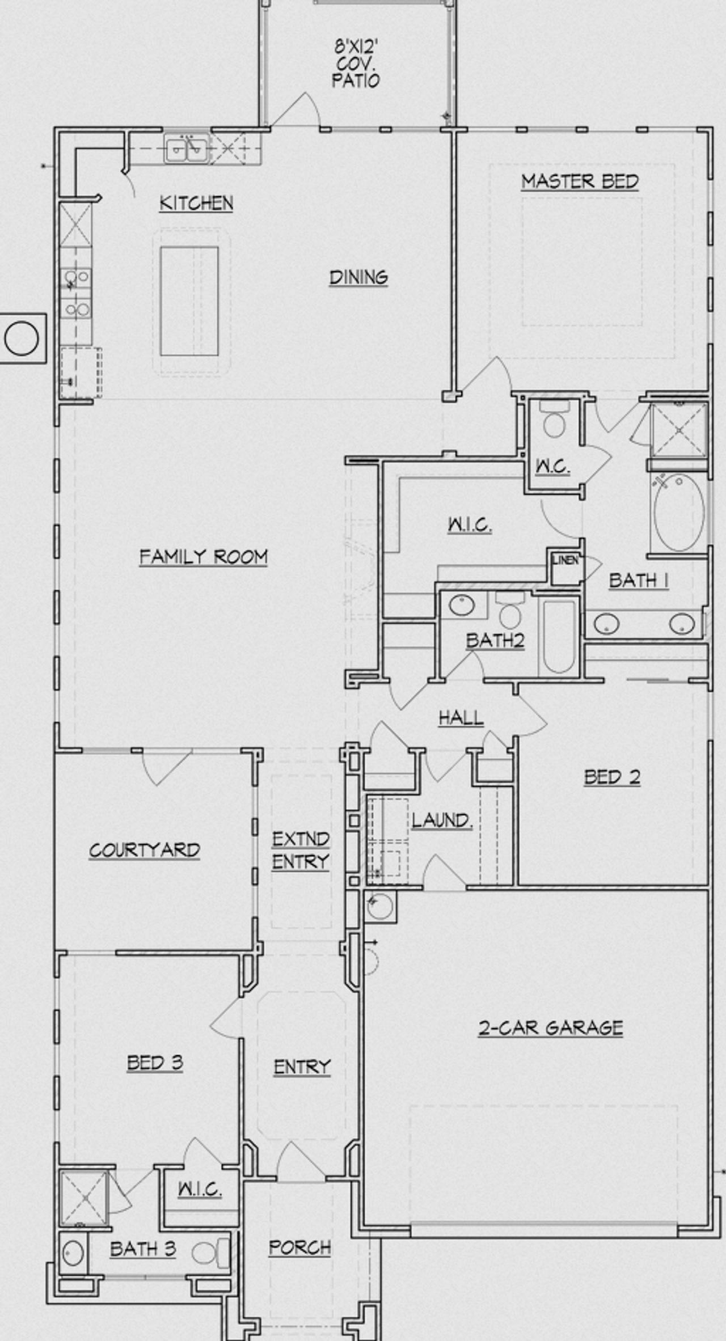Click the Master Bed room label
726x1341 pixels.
(x=580, y=181)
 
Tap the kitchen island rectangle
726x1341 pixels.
(x=189, y=301)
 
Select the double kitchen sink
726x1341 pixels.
(x=186, y=149)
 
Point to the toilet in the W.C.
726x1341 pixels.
(x=554, y=421)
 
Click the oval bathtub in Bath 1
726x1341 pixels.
(x=679, y=512)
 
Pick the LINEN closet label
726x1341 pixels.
(x=565, y=560)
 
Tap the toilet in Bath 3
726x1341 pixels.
(x=213, y=1253)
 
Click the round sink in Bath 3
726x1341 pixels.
(x=73, y=1253)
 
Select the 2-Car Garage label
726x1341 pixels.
(x=550, y=1027)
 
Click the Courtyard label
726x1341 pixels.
(x=145, y=850)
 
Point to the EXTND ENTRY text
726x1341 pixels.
(x=301, y=851)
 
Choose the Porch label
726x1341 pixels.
(x=299, y=1247)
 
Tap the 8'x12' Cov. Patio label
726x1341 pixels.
(x=356, y=64)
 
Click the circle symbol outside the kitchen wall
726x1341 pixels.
(x=22, y=338)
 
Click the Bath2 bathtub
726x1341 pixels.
(x=559, y=636)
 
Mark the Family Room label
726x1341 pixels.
(x=203, y=557)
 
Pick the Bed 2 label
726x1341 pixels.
(x=612, y=777)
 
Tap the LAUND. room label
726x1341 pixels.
(x=441, y=820)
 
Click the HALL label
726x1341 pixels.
(x=461, y=718)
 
